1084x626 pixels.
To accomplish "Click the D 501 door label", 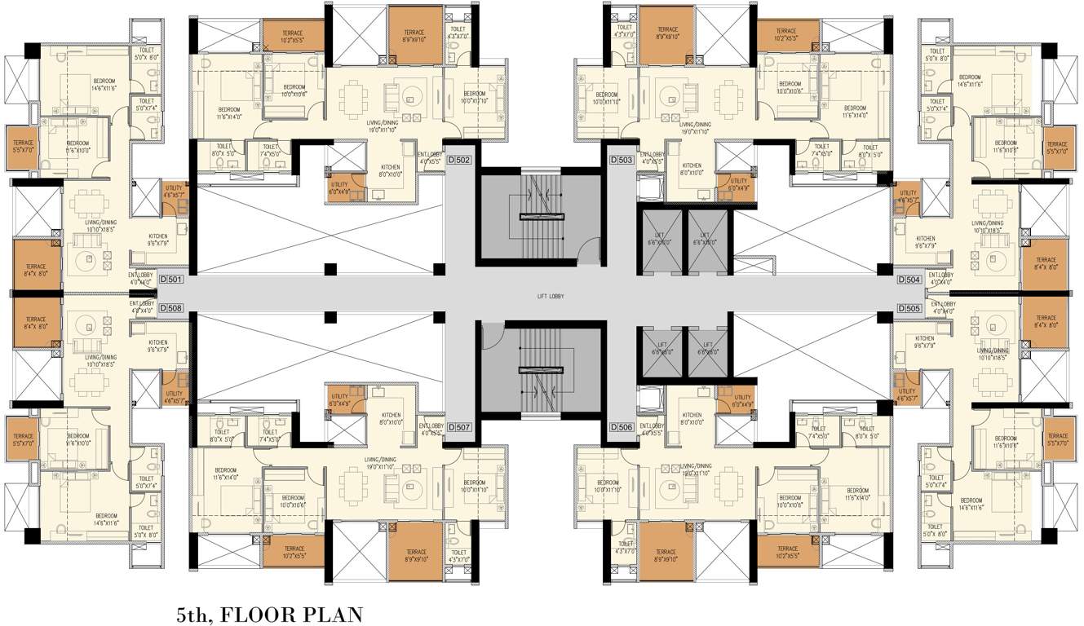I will coord(171,280).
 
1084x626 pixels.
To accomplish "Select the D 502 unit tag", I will coord(459,161).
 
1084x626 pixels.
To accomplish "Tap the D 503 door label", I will coord(622,161).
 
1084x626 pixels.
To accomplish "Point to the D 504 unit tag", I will coord(910,280).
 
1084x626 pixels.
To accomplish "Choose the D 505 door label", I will coord(910,308).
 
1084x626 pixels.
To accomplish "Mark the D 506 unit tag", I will coord(622,427).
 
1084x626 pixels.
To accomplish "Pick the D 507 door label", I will coord(459,427).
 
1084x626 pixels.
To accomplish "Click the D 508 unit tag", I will coord(171,308).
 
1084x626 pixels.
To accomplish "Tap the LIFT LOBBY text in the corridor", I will coord(541,297).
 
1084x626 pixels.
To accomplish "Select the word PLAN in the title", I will coord(334,614).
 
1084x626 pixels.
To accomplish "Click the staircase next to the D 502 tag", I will coord(541,216).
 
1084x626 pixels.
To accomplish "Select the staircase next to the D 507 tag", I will coord(541,371).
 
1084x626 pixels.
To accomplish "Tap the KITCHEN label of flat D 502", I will coord(391,170).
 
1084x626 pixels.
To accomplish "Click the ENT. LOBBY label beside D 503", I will coord(652,157).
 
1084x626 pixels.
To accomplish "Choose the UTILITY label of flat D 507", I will coord(339,400).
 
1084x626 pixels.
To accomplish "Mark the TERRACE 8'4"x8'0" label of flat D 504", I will coord(1046,263).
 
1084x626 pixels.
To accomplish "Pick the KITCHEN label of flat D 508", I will coord(158,345).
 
